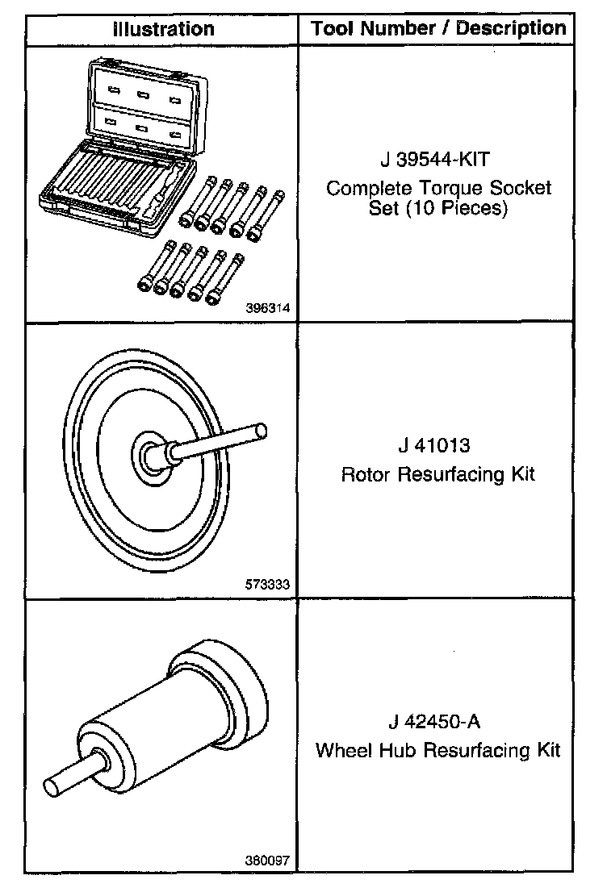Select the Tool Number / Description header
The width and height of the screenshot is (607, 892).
coord(438,29)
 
